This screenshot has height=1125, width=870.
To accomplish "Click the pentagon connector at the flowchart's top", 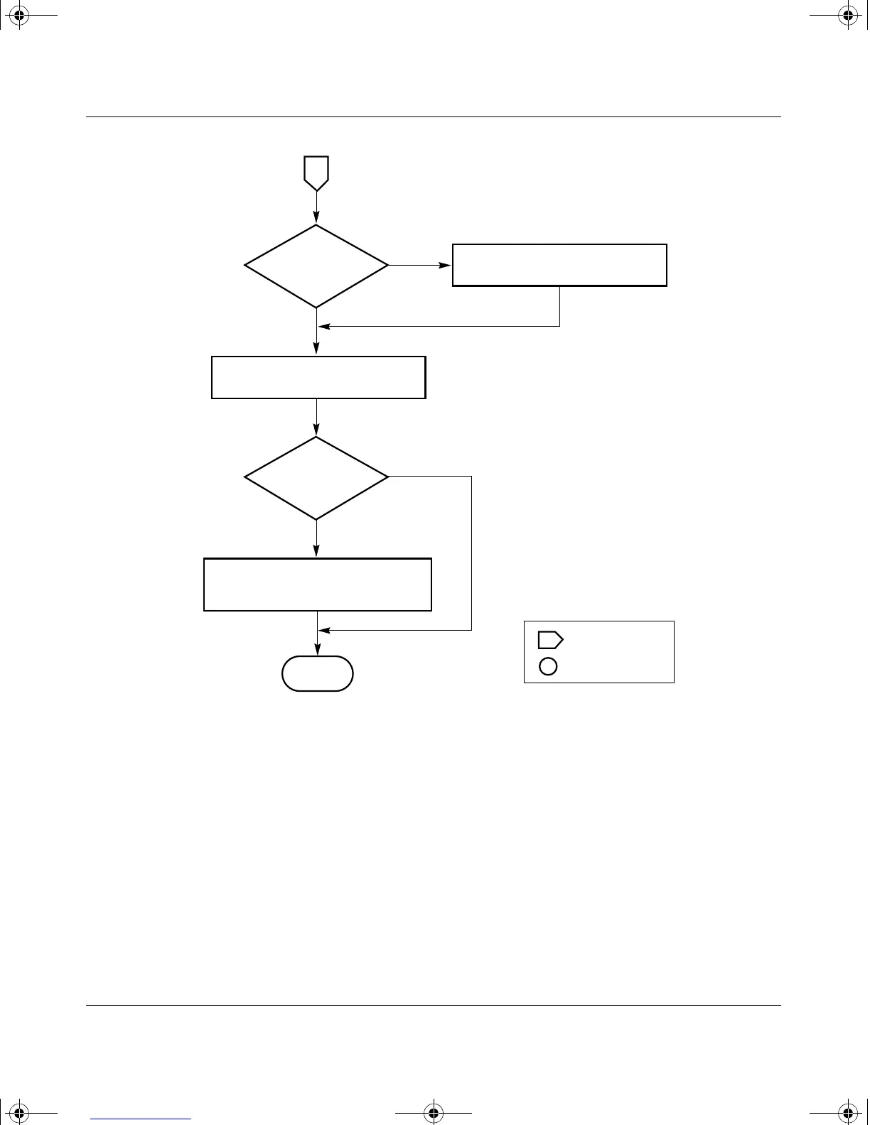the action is tap(316, 173).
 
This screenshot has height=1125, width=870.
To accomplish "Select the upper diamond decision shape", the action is tap(316, 266).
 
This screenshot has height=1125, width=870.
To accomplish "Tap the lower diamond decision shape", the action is tap(316, 477).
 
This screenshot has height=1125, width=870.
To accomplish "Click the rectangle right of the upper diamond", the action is tap(559, 265).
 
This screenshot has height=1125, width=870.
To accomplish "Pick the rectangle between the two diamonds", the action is tap(318, 377).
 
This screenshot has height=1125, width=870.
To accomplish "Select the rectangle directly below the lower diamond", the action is tap(318, 585).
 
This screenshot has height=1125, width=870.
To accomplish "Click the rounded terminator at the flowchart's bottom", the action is tap(318, 673).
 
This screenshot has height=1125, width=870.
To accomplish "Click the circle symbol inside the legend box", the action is tap(548, 666).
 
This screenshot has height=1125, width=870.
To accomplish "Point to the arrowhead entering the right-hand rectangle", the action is tap(446, 266).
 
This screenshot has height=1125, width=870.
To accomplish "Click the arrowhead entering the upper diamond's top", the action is tap(316, 219).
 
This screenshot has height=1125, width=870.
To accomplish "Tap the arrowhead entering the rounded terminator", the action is tap(317, 651).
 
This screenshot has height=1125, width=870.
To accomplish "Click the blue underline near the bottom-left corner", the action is tap(141, 1119).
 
